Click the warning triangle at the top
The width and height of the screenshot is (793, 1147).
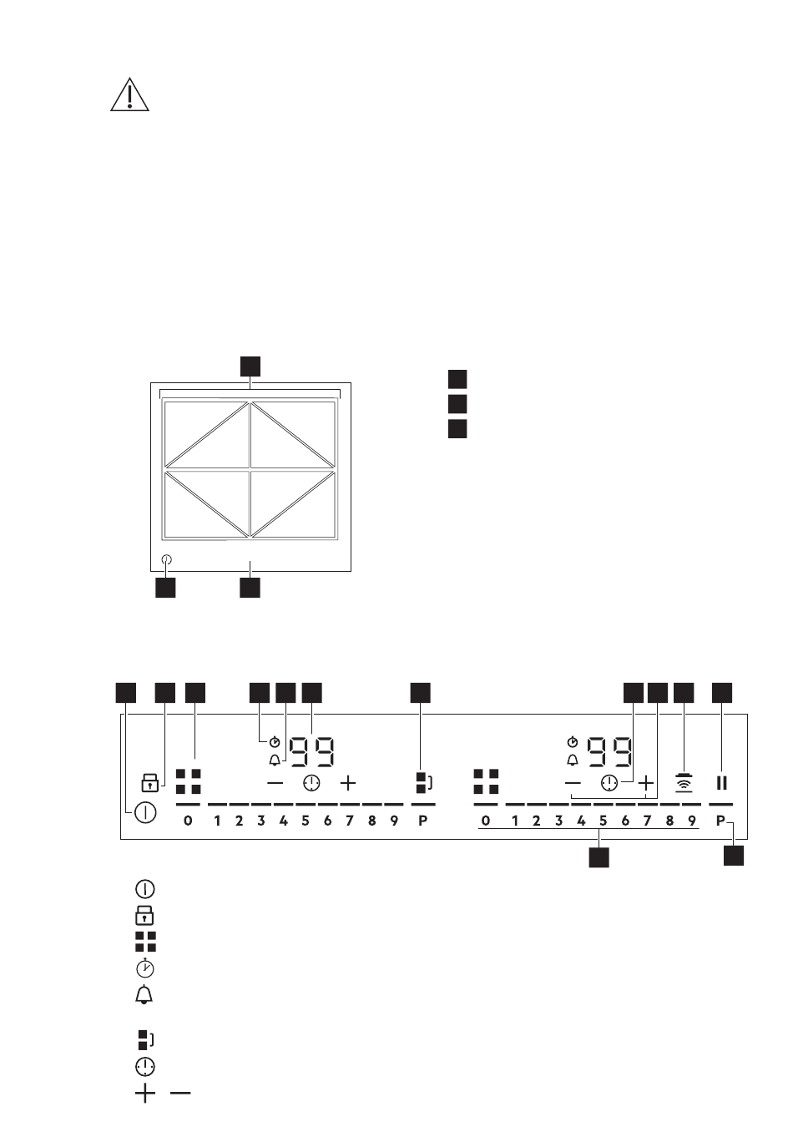[x=129, y=97]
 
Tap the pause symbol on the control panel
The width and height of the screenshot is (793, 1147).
[x=722, y=783]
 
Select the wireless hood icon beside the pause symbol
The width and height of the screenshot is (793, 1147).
[x=684, y=783]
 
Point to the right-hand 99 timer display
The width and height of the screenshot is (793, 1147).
[x=610, y=751]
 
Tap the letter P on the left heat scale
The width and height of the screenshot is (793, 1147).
[x=422, y=821]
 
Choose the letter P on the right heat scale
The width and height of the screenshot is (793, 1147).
[x=720, y=821]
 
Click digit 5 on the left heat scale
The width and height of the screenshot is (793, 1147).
[x=305, y=821]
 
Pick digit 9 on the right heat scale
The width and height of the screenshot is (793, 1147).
[x=691, y=821]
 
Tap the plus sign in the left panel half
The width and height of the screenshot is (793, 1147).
[x=348, y=783]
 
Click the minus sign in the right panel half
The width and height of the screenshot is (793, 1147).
[x=573, y=783]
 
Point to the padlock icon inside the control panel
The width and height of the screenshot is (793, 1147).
[x=149, y=783]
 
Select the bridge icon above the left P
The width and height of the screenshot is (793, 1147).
[x=423, y=783]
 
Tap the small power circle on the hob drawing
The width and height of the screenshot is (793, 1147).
[x=166, y=561]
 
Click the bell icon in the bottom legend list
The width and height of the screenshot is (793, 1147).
[x=145, y=995]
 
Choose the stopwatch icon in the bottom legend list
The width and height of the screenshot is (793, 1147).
[x=145, y=968]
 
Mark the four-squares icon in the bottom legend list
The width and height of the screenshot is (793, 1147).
[x=145, y=942]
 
